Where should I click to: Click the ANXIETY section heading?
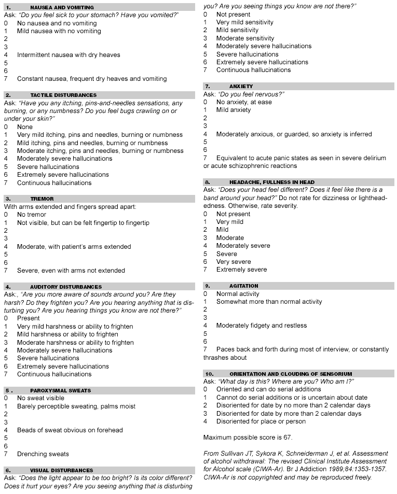(241, 87)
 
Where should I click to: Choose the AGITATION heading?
(243, 286)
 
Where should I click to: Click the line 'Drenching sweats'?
(43, 454)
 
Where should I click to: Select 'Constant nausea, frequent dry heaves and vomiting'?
(92, 79)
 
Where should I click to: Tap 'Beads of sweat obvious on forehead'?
(70, 430)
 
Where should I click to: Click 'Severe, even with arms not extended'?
(71, 271)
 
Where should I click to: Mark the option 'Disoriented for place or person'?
(261, 421)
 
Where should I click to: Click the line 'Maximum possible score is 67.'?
(248, 437)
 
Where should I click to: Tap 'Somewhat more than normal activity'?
(269, 302)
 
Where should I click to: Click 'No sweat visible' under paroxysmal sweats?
(40, 398)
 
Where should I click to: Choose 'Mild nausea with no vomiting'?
(59, 31)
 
